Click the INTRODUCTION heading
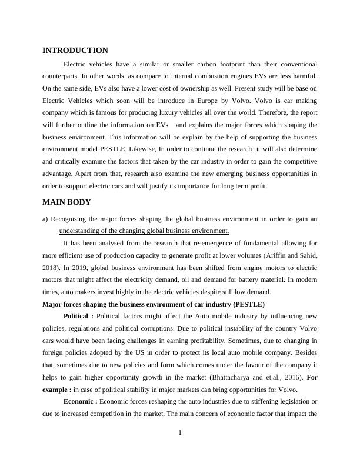[x=75, y=51]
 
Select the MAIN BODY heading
[x=66, y=202]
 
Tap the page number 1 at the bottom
[x=180, y=433]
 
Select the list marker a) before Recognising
[x=46, y=219]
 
